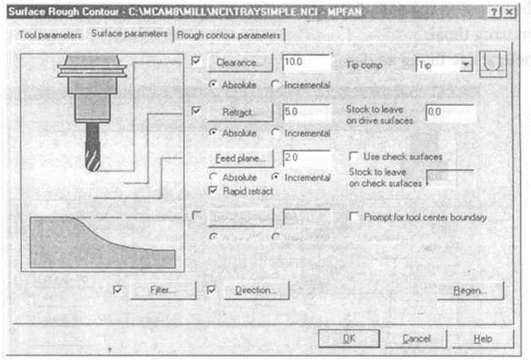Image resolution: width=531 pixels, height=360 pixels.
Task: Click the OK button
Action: click(349, 337)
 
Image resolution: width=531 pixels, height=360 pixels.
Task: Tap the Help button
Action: click(482, 337)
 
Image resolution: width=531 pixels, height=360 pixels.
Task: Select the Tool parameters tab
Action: click(49, 35)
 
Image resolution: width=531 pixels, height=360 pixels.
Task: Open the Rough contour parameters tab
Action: click(229, 35)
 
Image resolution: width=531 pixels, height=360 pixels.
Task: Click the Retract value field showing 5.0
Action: click(306, 112)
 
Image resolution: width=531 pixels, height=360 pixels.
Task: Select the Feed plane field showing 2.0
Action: click(306, 158)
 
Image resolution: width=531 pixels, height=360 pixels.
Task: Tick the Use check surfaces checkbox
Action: click(354, 158)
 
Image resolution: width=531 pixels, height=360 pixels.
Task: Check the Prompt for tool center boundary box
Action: click(354, 218)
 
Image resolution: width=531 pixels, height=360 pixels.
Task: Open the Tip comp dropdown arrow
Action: click(465, 64)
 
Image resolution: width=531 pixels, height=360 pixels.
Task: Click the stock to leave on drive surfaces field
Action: click(449, 112)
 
